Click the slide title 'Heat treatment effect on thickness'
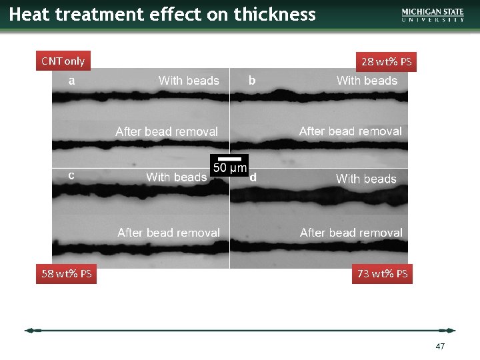(x=162, y=14)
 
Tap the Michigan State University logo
(x=433, y=15)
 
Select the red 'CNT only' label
(x=63, y=61)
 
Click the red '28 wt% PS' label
(x=386, y=62)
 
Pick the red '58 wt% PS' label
(x=67, y=273)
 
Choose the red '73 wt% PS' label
(x=383, y=273)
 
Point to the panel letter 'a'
(x=71, y=81)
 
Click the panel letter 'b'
(x=252, y=81)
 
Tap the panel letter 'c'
(x=71, y=175)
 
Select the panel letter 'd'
(x=253, y=177)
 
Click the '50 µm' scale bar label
(x=229, y=167)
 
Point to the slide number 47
(x=440, y=347)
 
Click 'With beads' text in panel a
(x=189, y=81)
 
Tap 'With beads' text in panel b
(x=367, y=81)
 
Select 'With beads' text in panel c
(x=176, y=177)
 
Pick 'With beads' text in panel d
(x=366, y=179)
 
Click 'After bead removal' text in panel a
(x=167, y=131)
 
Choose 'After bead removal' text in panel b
(x=351, y=131)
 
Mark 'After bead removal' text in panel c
(x=169, y=233)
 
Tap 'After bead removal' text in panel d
(x=351, y=233)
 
